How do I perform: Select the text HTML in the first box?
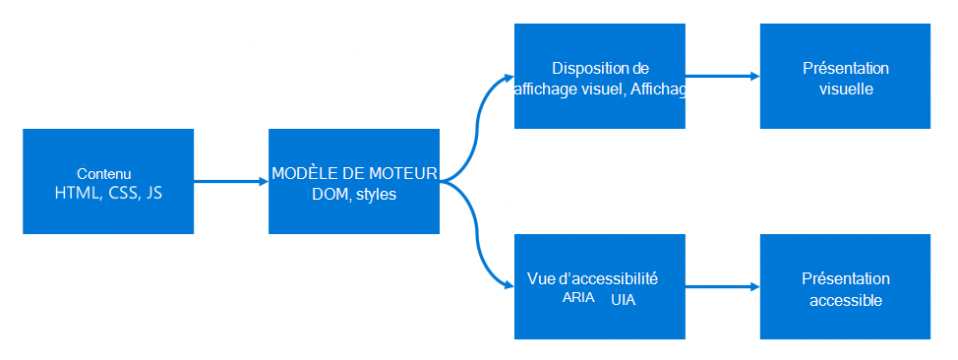(78, 193)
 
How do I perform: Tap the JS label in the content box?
(153, 193)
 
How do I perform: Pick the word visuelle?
(846, 89)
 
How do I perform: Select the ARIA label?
(578, 298)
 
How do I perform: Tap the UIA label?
(623, 299)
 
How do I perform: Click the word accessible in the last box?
(846, 299)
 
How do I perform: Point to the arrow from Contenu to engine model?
(231, 181)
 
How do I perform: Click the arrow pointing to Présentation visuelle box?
(723, 76)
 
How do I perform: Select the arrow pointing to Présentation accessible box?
(723, 286)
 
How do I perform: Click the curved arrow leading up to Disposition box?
(479, 118)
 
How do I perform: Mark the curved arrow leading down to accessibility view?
(479, 241)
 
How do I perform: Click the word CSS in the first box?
(120, 193)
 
